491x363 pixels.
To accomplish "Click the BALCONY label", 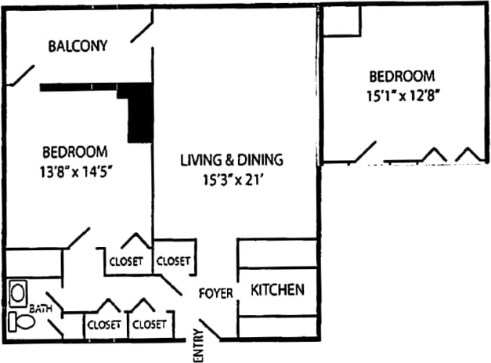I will [x=78, y=45].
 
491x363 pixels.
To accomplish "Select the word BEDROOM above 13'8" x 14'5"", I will [x=74, y=151].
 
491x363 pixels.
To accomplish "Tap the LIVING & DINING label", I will [x=232, y=161].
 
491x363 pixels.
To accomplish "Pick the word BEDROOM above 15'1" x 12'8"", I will [x=402, y=77].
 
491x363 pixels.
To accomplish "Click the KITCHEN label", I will [x=276, y=290].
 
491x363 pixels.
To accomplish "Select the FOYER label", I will [x=216, y=293].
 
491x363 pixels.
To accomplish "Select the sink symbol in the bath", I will [x=17, y=293].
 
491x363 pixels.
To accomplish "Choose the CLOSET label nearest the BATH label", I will [x=103, y=324].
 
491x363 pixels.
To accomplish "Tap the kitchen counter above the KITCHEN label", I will [x=276, y=254].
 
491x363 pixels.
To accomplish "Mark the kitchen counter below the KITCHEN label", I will [x=276, y=326].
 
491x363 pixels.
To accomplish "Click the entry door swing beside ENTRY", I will [x=209, y=329].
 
